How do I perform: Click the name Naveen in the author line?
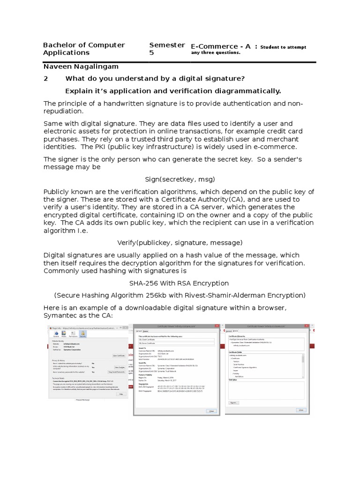(x=57, y=67)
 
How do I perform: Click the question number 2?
(x=45, y=78)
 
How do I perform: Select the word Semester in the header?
(x=167, y=45)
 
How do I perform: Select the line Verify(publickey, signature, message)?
(x=180, y=242)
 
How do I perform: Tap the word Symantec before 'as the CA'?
(x=58, y=315)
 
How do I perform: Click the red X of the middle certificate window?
(x=216, y=326)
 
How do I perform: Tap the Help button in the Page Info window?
(x=120, y=394)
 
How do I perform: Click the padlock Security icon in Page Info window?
(x=82, y=334)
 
